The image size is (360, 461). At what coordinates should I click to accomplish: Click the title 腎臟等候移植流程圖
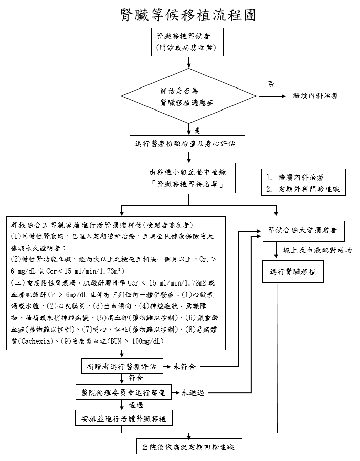coord(188,15)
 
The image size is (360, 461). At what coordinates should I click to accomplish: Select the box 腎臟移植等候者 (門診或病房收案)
coord(187,42)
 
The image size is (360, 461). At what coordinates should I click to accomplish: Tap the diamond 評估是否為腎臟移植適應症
coord(188,96)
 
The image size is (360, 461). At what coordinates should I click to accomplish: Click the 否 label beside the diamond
coord(271,84)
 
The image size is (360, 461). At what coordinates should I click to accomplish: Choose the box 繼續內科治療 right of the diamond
coord(317,96)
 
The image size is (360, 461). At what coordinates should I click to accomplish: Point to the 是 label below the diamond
coord(197,131)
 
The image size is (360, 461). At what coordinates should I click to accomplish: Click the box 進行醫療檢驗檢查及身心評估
coord(187,144)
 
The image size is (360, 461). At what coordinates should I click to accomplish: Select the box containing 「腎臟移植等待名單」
coord(187,178)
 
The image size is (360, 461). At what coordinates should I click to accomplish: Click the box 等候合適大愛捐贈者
coord(304,231)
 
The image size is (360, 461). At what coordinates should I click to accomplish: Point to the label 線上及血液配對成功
coord(317,250)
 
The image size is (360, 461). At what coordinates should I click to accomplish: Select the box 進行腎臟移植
coord(293,271)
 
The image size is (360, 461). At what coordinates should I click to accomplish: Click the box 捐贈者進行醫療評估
coord(122,366)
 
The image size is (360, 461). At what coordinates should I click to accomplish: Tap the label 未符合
coord(184,367)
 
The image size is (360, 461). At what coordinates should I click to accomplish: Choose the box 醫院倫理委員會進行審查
coord(123,392)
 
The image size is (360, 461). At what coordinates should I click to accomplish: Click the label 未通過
coord(193,393)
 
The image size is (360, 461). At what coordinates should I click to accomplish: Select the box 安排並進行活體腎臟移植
coord(123,419)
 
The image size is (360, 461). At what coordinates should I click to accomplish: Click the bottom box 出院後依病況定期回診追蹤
coord(189,447)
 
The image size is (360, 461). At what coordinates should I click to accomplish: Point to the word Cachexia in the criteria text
coord(37,341)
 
